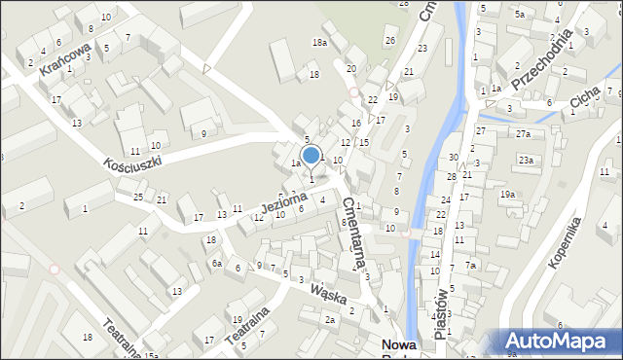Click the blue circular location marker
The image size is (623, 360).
(311, 155)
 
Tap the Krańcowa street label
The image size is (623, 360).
(65, 59)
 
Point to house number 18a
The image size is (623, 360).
(318, 43)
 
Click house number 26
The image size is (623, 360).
(389, 40)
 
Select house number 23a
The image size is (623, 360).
(526, 160)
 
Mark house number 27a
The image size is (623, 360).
(523, 133)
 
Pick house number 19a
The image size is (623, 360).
(507, 195)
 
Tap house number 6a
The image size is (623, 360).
(218, 263)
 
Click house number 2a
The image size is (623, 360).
(330, 319)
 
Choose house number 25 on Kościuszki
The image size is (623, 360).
(138, 198)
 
